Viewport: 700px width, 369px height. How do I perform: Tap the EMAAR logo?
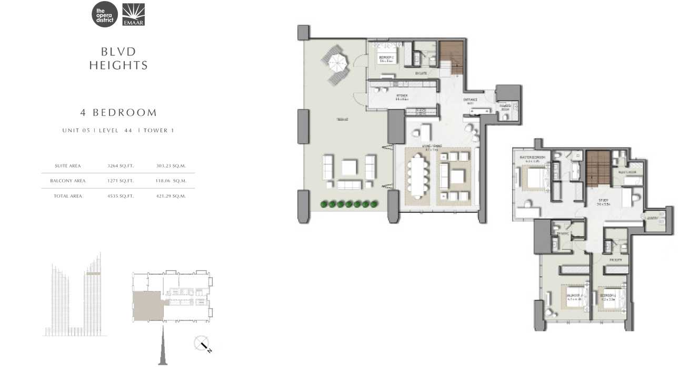coord(133,15)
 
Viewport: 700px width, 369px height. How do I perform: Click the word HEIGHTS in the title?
coord(118,66)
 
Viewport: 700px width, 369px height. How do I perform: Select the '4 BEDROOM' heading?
coord(118,112)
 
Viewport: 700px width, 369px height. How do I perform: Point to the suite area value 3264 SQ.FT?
coord(121,166)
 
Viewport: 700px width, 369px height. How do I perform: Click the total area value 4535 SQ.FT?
coord(121,196)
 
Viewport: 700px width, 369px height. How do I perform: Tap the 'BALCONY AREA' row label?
coord(68,181)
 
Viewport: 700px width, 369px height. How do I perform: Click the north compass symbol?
coord(202,344)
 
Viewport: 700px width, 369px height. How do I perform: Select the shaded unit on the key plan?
coord(147,306)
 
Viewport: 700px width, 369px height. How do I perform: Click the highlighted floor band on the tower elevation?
coord(93,274)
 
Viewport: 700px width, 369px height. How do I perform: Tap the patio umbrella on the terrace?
coord(336,62)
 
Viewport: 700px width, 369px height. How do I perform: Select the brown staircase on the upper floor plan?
coord(597,168)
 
